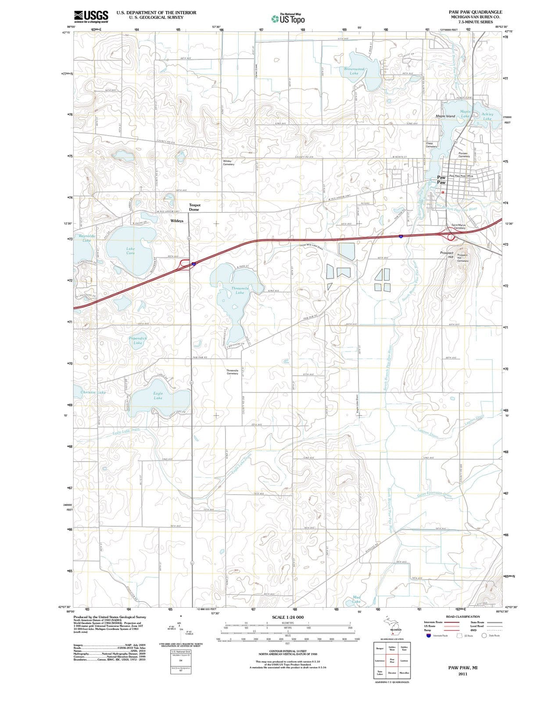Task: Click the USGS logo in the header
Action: point(91,16)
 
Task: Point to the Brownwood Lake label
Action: point(354,71)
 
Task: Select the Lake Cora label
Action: point(131,251)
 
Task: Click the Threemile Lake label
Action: point(240,290)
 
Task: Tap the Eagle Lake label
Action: point(158,396)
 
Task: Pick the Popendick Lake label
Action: point(138,340)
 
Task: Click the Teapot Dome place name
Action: point(194,207)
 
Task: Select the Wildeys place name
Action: point(177,221)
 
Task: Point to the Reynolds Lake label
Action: point(87,238)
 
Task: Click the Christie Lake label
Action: point(93,392)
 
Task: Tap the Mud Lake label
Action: point(357,599)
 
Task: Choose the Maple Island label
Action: point(445,116)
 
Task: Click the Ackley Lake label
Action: point(487,116)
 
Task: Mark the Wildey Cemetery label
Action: point(229,163)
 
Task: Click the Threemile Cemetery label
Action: point(232,372)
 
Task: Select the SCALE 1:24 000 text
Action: point(287,617)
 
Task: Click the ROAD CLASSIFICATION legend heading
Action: point(456,616)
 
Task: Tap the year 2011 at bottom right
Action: point(462,673)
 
